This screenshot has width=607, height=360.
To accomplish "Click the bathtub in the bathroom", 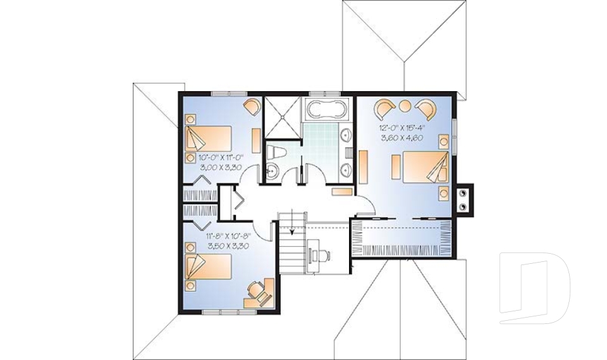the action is pyautogui.click(x=326, y=109).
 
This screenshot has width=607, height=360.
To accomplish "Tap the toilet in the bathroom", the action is pyautogui.click(x=276, y=152).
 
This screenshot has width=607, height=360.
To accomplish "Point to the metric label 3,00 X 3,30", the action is pyautogui.click(x=221, y=168).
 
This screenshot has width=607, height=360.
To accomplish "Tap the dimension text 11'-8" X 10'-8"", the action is pyautogui.click(x=229, y=236).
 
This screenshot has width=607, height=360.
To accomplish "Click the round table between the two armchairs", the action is pyautogui.click(x=405, y=106).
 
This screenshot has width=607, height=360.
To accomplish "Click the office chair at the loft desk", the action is pyautogui.click(x=322, y=255).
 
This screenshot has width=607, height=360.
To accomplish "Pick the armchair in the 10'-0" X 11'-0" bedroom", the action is pyautogui.click(x=252, y=106).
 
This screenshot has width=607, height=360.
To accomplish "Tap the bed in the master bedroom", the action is pyautogui.click(x=426, y=166).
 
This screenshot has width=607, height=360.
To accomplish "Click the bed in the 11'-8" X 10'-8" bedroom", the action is pyautogui.click(x=208, y=266).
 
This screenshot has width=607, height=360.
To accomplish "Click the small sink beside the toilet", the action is pyautogui.click(x=273, y=171).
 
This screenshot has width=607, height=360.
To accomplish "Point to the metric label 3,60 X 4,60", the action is pyautogui.click(x=402, y=137).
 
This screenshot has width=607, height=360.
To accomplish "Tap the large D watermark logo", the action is pyautogui.click(x=534, y=288).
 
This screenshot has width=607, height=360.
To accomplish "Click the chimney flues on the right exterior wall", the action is pyautogui.click(x=463, y=199).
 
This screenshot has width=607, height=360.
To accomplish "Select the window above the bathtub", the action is pyautogui.click(x=325, y=93).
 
